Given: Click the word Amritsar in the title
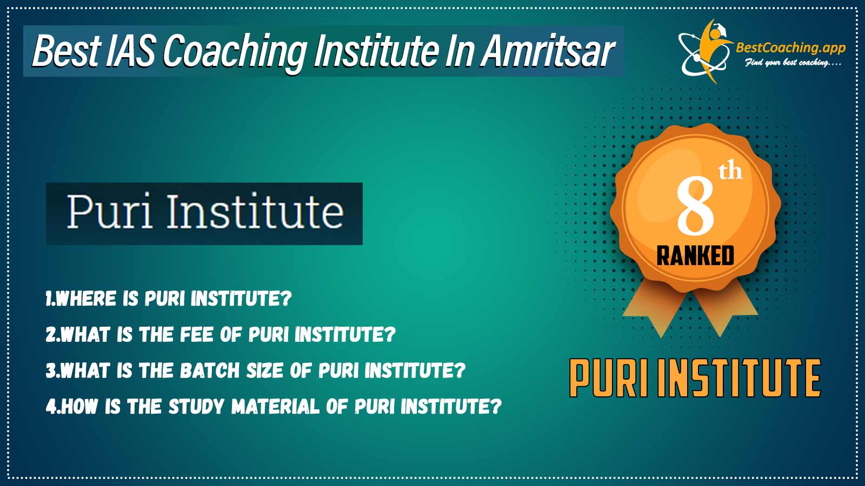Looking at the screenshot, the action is pos(548,51).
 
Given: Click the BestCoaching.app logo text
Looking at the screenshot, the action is pos(790,48).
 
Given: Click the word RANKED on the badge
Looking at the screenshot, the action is pos(695,256).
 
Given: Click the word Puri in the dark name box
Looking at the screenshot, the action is pos(110,211).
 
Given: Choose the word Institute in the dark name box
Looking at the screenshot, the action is pos(255,211).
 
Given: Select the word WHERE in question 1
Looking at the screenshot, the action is pos(86,299).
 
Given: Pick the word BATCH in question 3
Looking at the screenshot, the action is pos(210,370).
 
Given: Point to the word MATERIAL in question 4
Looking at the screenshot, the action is pos(276,406).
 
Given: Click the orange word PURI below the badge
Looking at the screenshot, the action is pos(609,378).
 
